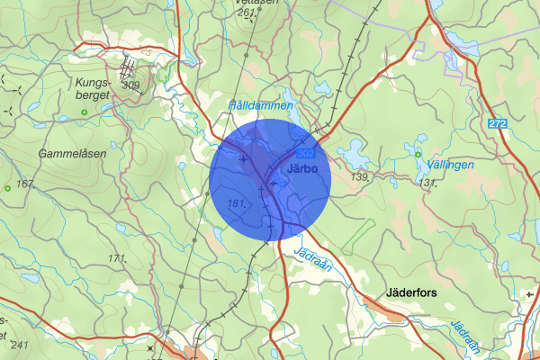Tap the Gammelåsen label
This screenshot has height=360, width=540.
[72, 154]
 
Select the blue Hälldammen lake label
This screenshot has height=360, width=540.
[261, 105]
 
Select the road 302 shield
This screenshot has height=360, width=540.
[306, 155]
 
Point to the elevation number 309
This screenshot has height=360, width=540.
[131, 86]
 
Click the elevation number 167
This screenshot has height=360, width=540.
[24, 184]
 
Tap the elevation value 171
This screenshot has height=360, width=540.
[117, 259]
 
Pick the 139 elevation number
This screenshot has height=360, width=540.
[361, 178]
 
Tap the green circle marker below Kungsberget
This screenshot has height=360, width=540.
[84, 112]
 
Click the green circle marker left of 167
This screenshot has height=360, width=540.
[7, 187]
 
